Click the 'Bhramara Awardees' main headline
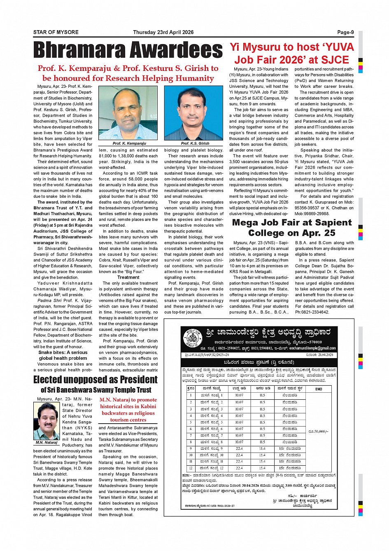[x=128, y=51]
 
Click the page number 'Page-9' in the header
[x=345, y=32]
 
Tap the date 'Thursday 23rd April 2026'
[x=163, y=32]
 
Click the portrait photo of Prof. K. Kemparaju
[x=128, y=113]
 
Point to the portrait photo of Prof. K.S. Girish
[x=193, y=113]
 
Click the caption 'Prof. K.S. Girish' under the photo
[x=195, y=143]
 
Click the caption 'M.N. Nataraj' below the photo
[x=47, y=443]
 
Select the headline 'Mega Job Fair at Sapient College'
[x=292, y=227]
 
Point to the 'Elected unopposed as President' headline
[x=95, y=380]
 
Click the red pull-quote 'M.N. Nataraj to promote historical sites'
[x=128, y=410]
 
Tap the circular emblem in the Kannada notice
[x=192, y=338]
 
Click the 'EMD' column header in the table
[x=319, y=389]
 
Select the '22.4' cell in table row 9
[x=239, y=448]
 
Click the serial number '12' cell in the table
[x=191, y=468]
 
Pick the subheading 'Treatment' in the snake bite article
[x=128, y=277]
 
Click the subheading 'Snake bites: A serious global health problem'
[x=63, y=355]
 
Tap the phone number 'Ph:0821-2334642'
[x=312, y=312]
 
